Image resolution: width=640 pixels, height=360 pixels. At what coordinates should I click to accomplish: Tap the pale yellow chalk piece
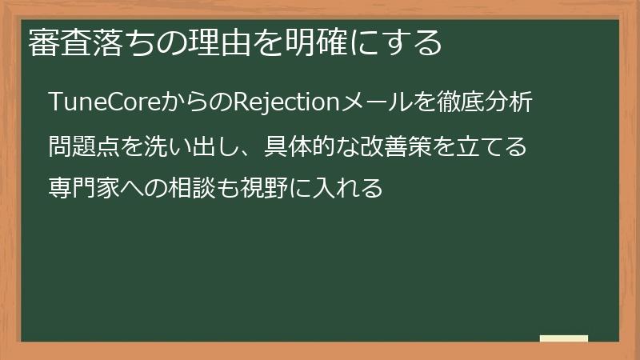(x=563, y=338)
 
